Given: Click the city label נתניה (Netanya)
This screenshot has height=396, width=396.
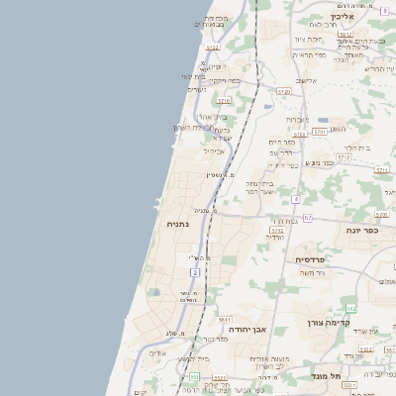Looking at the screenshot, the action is (178, 224).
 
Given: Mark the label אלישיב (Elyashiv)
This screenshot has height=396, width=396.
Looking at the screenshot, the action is (306, 82).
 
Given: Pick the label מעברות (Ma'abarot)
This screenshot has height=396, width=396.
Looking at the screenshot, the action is (297, 120).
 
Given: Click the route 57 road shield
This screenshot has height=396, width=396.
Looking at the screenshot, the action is (308, 218).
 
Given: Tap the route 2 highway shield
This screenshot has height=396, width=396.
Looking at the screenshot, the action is (196, 271).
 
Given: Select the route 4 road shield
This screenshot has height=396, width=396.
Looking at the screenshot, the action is (296, 199).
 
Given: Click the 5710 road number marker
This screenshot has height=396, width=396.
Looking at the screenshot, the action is (224, 100).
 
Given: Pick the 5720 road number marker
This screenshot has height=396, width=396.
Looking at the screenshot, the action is (284, 91).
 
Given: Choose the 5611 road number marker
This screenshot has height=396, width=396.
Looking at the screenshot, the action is (225, 320).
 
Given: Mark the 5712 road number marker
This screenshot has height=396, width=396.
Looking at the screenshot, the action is (344, 156).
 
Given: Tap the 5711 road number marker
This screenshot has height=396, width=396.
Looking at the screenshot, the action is (381, 170).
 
